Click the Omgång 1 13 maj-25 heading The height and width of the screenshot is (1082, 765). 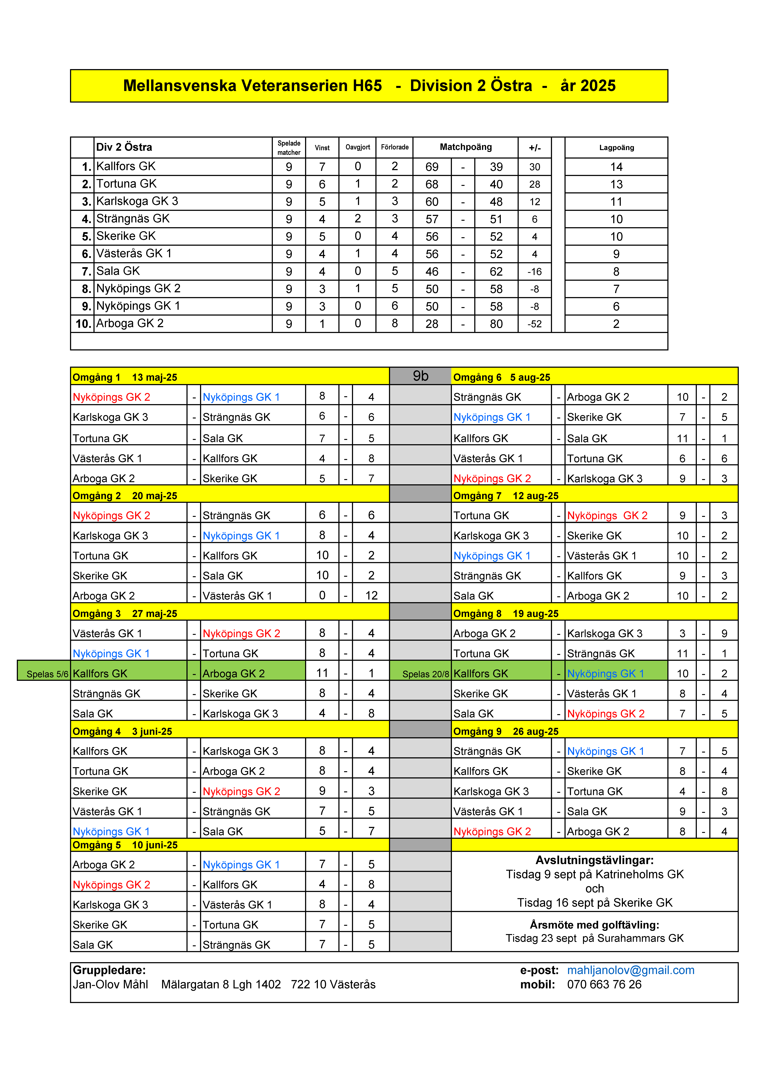(x=125, y=377)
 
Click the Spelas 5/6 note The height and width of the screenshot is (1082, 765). (x=47, y=674)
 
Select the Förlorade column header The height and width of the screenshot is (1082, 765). (x=395, y=147)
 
